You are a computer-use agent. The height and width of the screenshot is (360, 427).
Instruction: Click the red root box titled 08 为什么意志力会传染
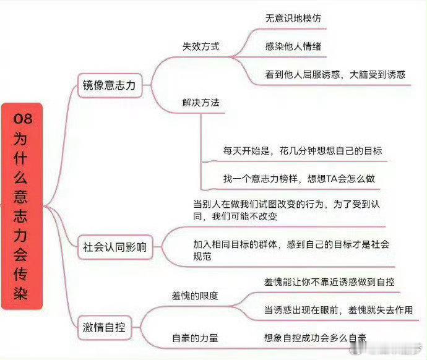pos(22,206)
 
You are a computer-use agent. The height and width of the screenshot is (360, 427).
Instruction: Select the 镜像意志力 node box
pos(110,85)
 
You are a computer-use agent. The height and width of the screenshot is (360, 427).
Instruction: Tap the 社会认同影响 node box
pos(115,247)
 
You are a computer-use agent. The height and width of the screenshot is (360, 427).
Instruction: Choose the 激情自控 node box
pos(105,327)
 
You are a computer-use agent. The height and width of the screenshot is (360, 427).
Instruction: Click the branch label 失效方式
pos(201,46)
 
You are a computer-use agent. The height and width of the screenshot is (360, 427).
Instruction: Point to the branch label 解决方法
pos(201,103)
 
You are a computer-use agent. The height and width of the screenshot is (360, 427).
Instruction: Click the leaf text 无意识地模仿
pos(293,18)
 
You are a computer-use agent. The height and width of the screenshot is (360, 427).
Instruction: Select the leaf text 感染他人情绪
pos(293,46)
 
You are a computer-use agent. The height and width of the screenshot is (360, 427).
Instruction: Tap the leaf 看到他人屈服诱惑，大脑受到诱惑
pos(335,74)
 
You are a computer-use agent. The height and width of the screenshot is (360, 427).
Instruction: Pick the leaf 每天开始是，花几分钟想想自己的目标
pos(303,150)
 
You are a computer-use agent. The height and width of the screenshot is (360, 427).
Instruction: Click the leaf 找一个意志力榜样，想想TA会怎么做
pos(299,179)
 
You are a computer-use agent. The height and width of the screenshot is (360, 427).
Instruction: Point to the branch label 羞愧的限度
pos(195,296)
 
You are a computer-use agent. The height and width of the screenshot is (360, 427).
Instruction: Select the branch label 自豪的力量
pos(195,338)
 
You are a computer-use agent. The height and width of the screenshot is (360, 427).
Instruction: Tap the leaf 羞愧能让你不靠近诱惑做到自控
pos(329,281)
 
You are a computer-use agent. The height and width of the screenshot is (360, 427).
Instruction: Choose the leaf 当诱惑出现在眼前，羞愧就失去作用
pos(339,310)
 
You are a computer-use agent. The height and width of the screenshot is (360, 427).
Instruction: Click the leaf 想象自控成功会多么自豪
pos(315,338)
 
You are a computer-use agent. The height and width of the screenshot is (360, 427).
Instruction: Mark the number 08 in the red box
pos(23,119)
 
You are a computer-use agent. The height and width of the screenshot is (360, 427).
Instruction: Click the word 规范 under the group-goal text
pos(202,256)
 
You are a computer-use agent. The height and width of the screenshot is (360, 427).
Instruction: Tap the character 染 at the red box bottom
pos(21,293)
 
